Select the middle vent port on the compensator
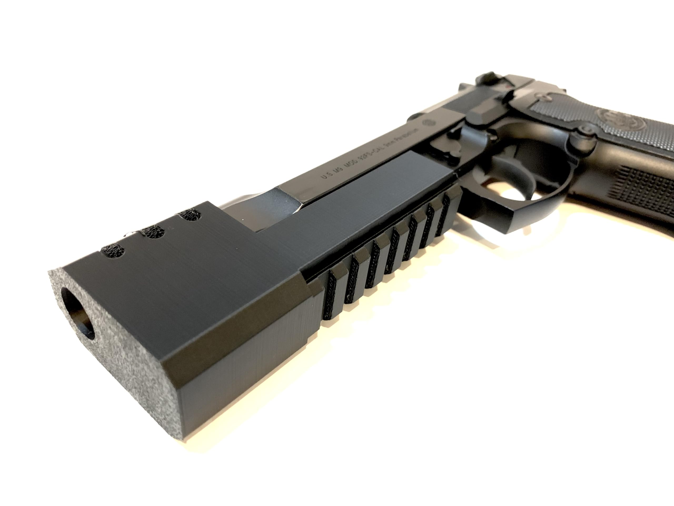[152, 232]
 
